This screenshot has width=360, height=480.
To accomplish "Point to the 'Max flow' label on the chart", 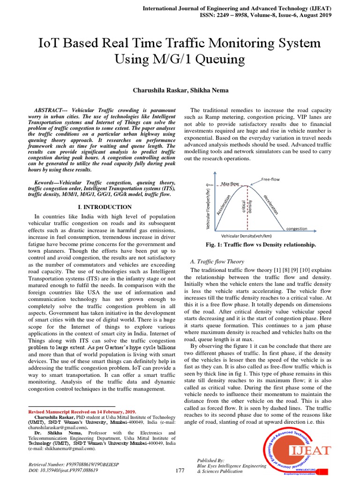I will pos(230,184).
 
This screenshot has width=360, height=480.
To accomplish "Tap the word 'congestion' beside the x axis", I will pos(297,229).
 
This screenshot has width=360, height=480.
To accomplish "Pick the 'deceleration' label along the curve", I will pos(270,204).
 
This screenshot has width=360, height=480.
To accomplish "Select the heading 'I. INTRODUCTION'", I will pos(104,207).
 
